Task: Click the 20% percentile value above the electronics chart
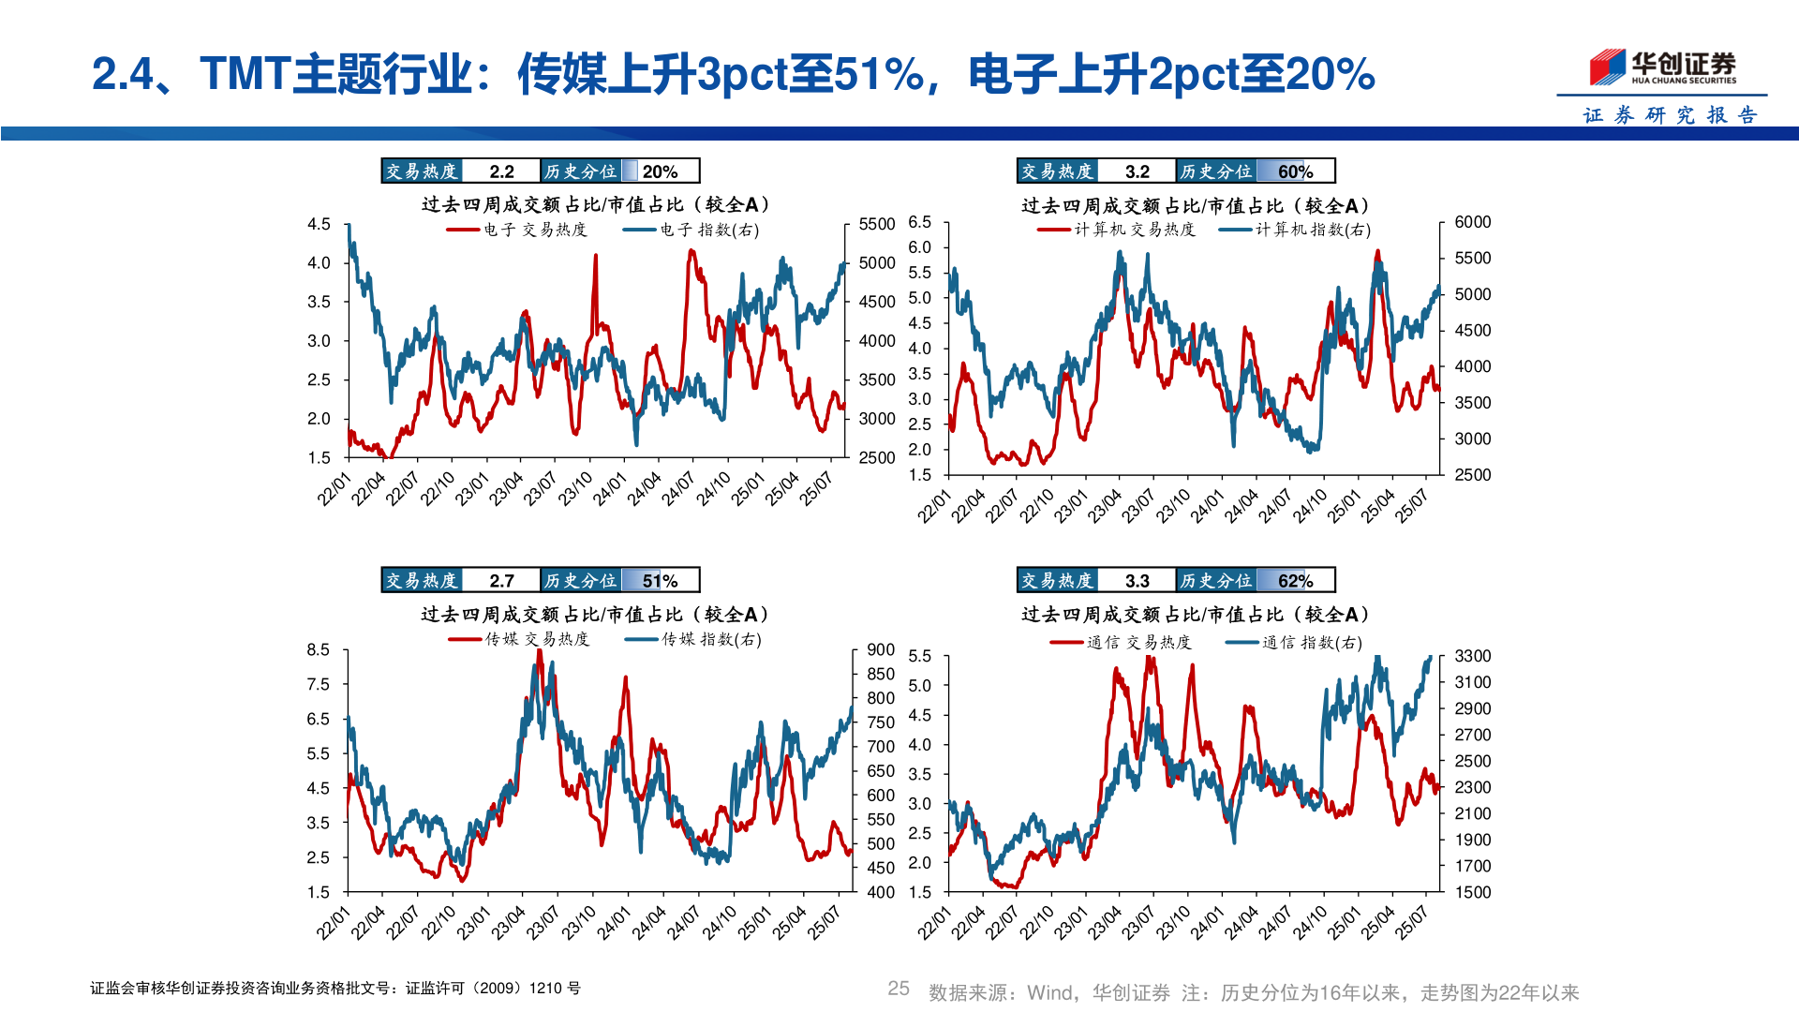click(660, 171)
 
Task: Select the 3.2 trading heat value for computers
click(1137, 171)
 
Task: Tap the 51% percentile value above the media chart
click(660, 581)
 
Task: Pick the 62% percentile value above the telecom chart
click(1295, 581)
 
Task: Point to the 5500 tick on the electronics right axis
click(877, 224)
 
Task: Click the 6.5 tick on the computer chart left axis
click(919, 222)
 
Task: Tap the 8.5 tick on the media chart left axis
click(319, 649)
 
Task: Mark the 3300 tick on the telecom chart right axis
click(1472, 656)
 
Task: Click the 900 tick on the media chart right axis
click(881, 649)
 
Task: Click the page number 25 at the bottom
click(898, 989)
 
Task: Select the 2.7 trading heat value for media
click(501, 581)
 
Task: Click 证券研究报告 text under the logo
click(1670, 115)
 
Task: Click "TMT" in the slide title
click(245, 73)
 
